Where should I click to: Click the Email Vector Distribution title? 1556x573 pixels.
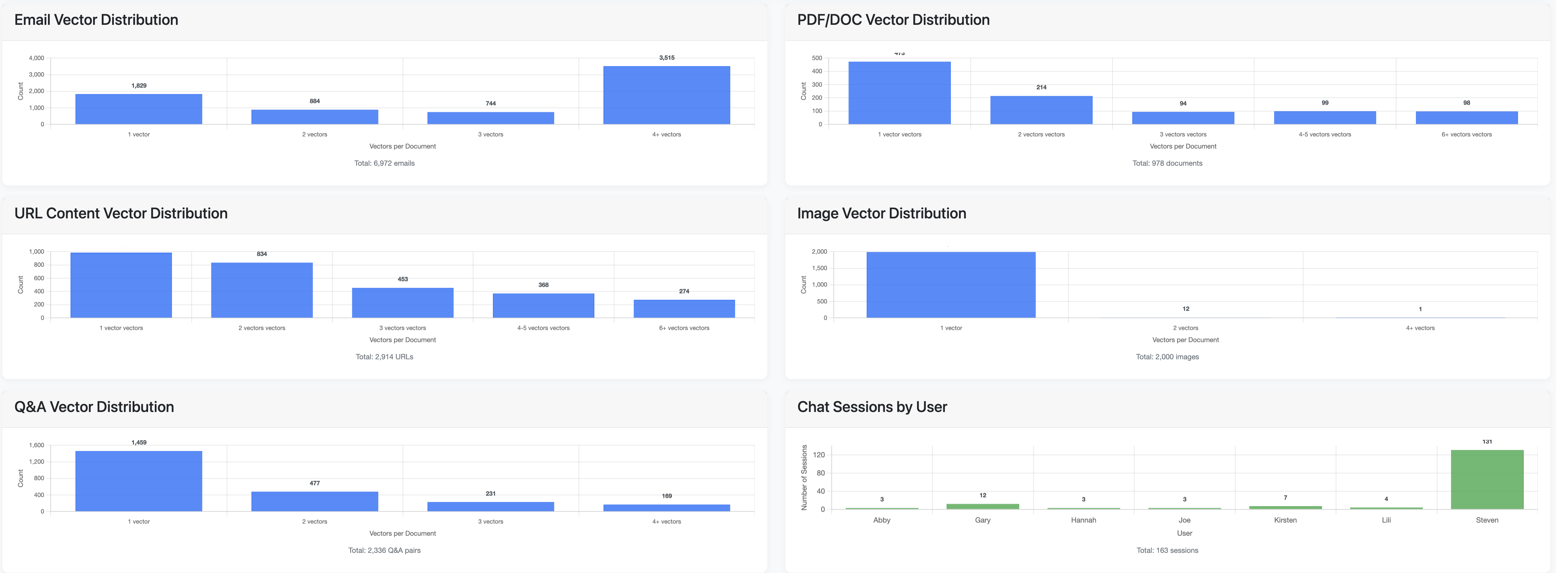96,20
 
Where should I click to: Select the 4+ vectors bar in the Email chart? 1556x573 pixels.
666,95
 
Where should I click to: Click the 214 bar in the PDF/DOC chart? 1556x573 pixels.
1041,110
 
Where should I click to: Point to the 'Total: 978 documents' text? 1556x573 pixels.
1167,163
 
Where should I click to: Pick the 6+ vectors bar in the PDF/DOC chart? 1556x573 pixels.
1466,118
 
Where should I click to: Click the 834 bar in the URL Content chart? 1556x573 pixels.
262,290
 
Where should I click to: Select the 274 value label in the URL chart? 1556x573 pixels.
684,291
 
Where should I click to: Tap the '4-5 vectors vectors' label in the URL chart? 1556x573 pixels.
543,328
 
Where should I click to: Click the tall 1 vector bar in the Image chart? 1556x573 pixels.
951,285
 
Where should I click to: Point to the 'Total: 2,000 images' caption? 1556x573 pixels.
1167,357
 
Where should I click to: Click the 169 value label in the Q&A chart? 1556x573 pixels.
666,496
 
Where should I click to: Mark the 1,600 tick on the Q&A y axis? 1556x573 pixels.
37,445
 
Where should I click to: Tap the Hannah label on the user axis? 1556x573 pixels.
1083,520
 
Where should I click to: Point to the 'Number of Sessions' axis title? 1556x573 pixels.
804,477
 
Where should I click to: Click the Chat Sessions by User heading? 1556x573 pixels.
872,407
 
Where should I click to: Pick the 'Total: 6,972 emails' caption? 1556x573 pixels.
384,163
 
